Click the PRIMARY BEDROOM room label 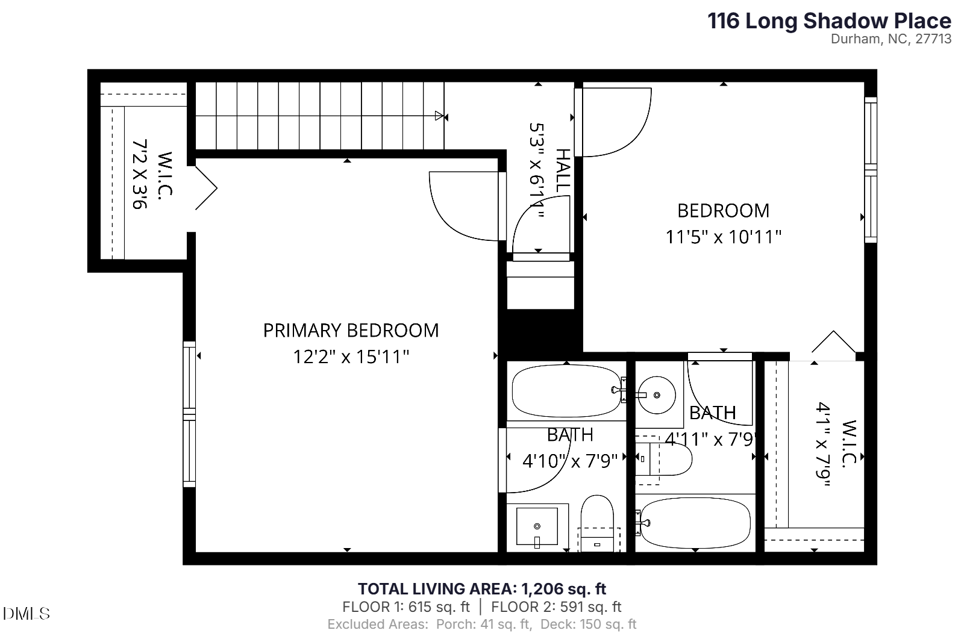point(351,330)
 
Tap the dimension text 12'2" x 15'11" point(351,357)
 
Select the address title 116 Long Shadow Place point(829,21)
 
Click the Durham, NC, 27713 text point(890,39)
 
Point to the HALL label point(562,171)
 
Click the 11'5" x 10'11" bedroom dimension point(723,237)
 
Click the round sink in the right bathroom point(656,395)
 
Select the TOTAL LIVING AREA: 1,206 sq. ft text point(482,588)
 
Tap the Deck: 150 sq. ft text point(588,625)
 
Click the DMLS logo point(26,614)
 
